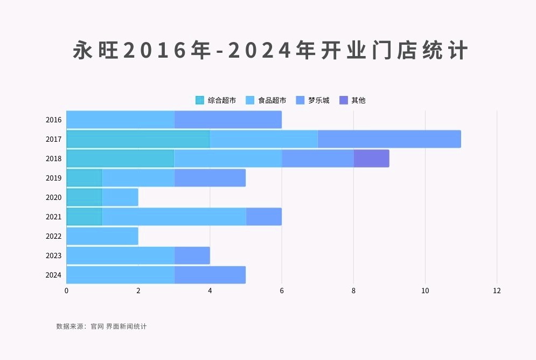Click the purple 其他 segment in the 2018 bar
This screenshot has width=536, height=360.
[x=371, y=158]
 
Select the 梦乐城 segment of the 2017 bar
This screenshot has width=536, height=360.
[x=389, y=139]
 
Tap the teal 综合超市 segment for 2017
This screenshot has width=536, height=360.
[x=138, y=139]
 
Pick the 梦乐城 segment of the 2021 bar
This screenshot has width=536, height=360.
[x=263, y=217]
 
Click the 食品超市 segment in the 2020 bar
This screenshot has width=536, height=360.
[x=120, y=197]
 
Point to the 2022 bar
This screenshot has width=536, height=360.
[x=102, y=236]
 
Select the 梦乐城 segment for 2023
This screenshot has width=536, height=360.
[x=192, y=255]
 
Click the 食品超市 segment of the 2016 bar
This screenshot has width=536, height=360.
[x=120, y=120]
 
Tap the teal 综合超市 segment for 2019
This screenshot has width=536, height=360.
[x=85, y=178]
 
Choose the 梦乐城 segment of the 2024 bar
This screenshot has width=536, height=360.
[x=210, y=275]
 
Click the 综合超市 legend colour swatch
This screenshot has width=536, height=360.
[x=200, y=100]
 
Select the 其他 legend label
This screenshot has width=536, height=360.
[x=358, y=100]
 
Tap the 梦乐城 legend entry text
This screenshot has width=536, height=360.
[x=319, y=100]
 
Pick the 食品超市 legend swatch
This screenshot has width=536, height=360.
[x=250, y=100]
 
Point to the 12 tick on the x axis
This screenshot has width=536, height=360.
[x=497, y=290]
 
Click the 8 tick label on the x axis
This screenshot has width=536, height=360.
[x=353, y=290]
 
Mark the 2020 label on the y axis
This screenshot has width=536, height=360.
[x=54, y=197]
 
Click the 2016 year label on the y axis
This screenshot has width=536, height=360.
[x=54, y=120]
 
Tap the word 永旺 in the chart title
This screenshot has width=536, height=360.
[x=95, y=51]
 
